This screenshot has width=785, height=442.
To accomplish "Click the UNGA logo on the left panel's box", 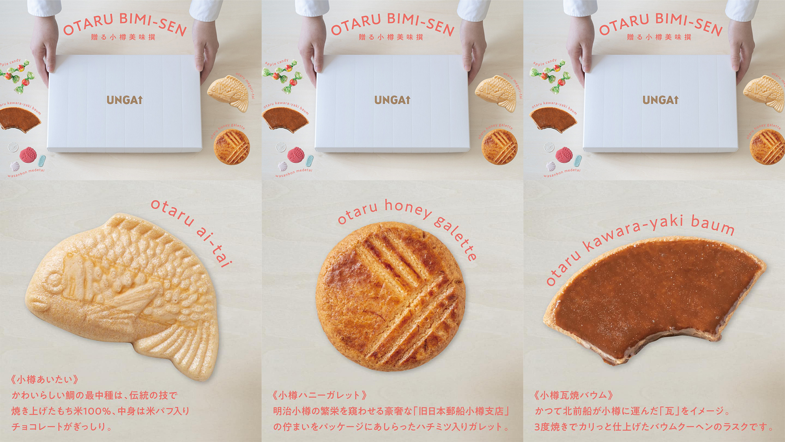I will pyautogui.click(x=124, y=100).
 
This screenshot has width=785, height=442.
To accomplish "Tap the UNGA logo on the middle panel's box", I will pyautogui.click(x=392, y=100).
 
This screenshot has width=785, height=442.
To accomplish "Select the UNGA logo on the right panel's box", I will pyautogui.click(x=660, y=100).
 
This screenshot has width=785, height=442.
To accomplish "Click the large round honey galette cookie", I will pyautogui.click(x=390, y=297).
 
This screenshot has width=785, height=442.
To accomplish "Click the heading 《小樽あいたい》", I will pyautogui.click(x=44, y=380).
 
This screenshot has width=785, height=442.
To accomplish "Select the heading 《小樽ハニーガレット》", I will pyautogui.click(x=319, y=395).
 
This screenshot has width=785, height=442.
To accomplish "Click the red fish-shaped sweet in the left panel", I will pyautogui.click(x=28, y=155).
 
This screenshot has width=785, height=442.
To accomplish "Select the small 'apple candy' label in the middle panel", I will pyautogui.click(x=276, y=62).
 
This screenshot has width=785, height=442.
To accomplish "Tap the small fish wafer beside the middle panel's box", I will pyautogui.click(x=496, y=93).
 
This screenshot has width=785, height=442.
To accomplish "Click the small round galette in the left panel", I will pyautogui.click(x=232, y=147).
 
